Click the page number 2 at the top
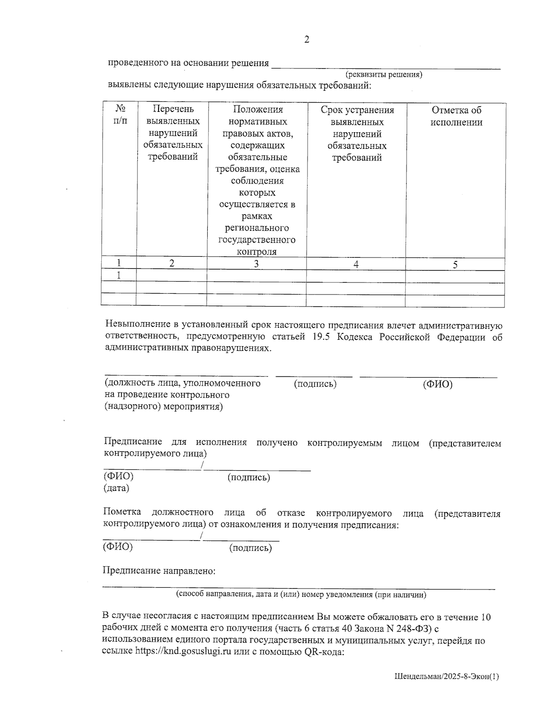(x=306, y=40)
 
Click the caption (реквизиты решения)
(x=384, y=74)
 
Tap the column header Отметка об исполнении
(x=456, y=116)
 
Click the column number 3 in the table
(x=256, y=264)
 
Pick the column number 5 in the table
(x=455, y=264)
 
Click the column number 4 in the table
(x=356, y=264)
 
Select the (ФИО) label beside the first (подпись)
(x=438, y=384)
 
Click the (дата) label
(x=116, y=488)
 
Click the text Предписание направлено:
(x=159, y=571)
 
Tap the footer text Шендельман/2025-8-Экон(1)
(x=447, y=676)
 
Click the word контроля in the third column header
(x=256, y=252)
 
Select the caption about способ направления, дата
(x=301, y=595)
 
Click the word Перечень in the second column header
(x=173, y=110)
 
